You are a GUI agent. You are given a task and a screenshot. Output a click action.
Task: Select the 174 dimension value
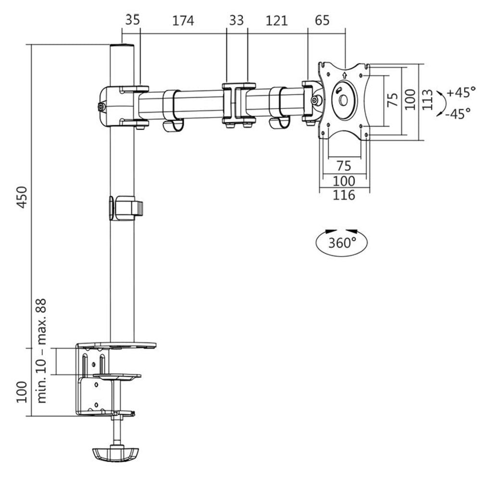click(x=183, y=21)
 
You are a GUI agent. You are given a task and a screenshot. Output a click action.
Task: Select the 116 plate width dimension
click(x=344, y=195)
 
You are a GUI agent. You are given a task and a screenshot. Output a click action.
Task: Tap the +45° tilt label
click(x=460, y=91)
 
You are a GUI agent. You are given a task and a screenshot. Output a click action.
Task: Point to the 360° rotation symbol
click(x=342, y=242)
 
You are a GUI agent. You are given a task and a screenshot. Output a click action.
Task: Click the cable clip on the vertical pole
click(x=127, y=208)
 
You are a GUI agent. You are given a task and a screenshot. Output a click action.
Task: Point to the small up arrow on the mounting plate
click(x=344, y=74)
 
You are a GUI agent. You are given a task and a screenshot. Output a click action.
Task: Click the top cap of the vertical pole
click(x=121, y=47)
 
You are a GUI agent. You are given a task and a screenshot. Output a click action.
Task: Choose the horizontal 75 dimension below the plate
click(x=343, y=166)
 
